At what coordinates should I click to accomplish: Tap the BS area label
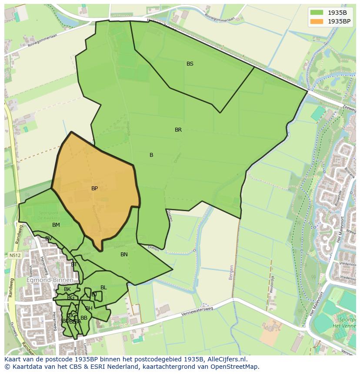click(x=190, y=64)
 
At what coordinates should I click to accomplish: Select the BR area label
click(x=178, y=130)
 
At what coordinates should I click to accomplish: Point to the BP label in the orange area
click(x=94, y=189)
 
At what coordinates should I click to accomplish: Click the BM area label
click(x=56, y=225)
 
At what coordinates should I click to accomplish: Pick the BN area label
click(x=124, y=255)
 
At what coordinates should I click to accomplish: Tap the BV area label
click(x=49, y=238)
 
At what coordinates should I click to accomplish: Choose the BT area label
click(x=74, y=265)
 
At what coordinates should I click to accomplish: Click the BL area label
click(x=103, y=288)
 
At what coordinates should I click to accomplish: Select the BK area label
click(x=67, y=289)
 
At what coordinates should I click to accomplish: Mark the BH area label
click(x=89, y=308)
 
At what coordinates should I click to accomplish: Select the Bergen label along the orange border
click(x=231, y=272)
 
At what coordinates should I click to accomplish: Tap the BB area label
click(x=84, y=318)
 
